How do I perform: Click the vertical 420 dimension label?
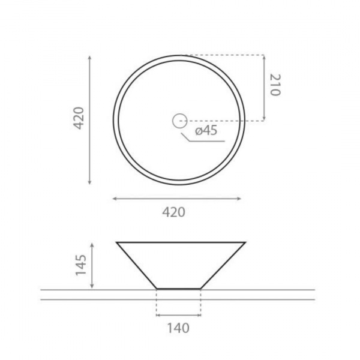click(79, 118)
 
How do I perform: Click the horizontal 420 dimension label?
click(173, 212)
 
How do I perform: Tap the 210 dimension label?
click(275, 85)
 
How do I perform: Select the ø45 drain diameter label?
click(206, 130)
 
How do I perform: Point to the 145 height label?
click(81, 265)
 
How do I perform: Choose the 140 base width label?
click(178, 328)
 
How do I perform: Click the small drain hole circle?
click(179, 121)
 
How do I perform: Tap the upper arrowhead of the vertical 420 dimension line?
click(89, 57)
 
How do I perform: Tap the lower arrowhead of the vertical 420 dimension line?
click(89, 182)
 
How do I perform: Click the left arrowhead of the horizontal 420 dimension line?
click(115, 199)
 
